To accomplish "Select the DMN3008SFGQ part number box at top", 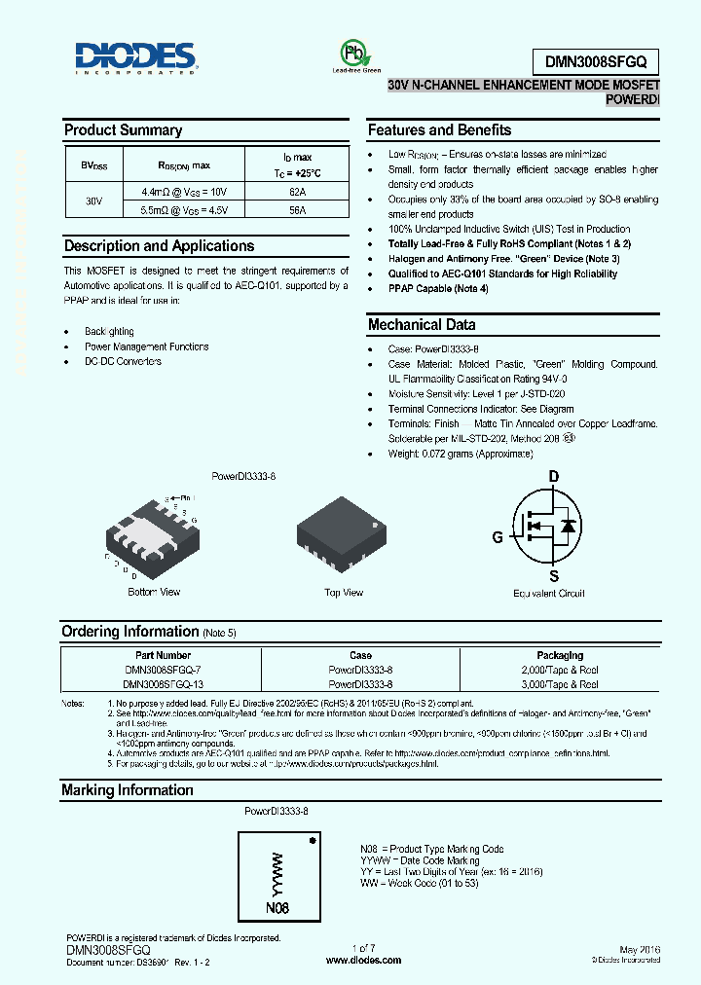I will tap(596, 61).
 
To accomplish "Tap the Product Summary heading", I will tap(123, 130).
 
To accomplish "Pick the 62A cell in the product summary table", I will tap(297, 193).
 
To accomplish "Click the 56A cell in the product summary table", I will tap(297, 209).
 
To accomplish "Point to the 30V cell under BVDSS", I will tap(93, 201).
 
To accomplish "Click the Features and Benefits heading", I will tap(439, 130).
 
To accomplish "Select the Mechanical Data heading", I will tap(421, 325).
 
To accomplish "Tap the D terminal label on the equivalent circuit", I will tap(554, 476).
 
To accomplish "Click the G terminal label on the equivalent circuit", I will tap(498, 537).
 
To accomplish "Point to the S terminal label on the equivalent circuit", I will tap(554, 575).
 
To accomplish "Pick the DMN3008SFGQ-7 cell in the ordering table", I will tap(163, 670).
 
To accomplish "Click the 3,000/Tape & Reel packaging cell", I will tap(559, 684).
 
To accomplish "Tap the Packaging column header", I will tap(559, 655).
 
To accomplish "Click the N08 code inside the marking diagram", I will tap(277, 908).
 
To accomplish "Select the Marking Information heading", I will tap(128, 790).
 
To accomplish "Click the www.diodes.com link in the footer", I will tap(363, 960).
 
